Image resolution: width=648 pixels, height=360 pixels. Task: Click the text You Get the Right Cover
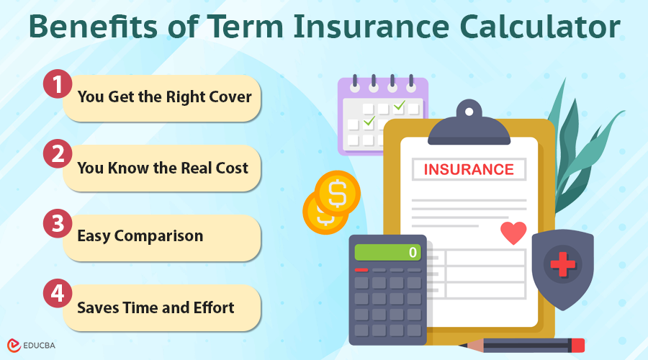164,96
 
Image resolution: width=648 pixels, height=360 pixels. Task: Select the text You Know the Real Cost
163,167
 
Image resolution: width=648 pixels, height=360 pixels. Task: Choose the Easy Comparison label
140,236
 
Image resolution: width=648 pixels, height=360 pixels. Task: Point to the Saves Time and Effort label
156,307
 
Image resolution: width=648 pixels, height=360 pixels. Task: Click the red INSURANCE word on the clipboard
469,170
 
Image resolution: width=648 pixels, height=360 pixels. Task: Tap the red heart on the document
513,233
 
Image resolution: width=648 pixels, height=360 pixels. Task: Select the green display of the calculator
388,252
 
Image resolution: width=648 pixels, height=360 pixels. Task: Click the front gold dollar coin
337,193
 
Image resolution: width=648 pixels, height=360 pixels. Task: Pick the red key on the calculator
361,270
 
